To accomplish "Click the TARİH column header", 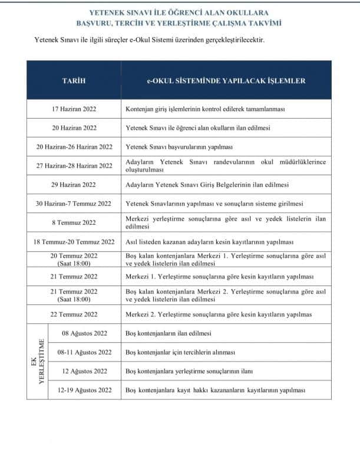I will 74,81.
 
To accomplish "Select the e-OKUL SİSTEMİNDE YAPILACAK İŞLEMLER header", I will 226,81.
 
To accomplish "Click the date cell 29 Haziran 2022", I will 74,185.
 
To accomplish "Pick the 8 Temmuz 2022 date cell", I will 74,222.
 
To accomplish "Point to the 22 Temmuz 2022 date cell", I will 74,314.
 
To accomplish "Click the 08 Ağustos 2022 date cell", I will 84,333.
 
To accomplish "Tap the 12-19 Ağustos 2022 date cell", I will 84,390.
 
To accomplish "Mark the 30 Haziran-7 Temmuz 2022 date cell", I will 74,203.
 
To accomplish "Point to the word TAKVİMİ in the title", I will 265,24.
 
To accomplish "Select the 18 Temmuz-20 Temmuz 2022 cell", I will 74,242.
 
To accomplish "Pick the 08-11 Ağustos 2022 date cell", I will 84,352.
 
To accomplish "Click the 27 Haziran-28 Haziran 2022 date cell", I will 74,166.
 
